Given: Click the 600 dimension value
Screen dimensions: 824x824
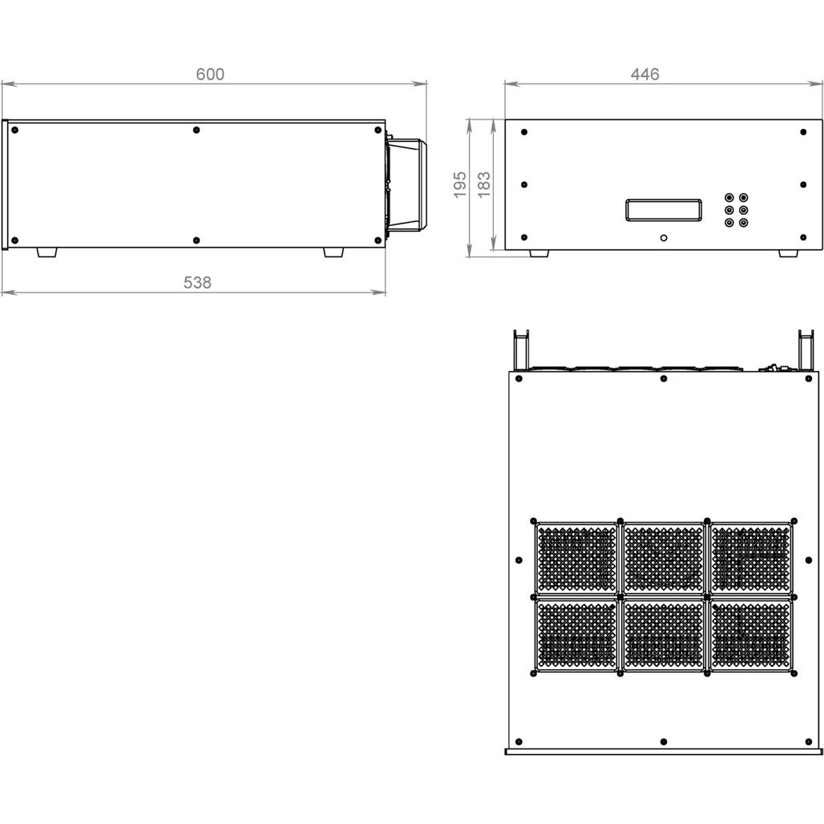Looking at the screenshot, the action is click(x=210, y=74).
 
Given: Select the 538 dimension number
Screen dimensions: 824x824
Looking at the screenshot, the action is click(x=198, y=283).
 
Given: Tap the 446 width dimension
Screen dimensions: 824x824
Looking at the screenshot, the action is click(x=644, y=74).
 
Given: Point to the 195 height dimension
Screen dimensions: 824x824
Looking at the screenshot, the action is click(x=460, y=184).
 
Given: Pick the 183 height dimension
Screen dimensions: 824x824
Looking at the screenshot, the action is click(x=484, y=184).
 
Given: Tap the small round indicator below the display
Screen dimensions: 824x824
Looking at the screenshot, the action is click(x=664, y=238).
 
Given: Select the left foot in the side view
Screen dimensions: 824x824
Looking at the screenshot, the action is click(x=46, y=252).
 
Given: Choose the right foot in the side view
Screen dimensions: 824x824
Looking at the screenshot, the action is click(x=333, y=252).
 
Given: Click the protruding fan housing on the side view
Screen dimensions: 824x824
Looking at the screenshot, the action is click(x=406, y=185).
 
